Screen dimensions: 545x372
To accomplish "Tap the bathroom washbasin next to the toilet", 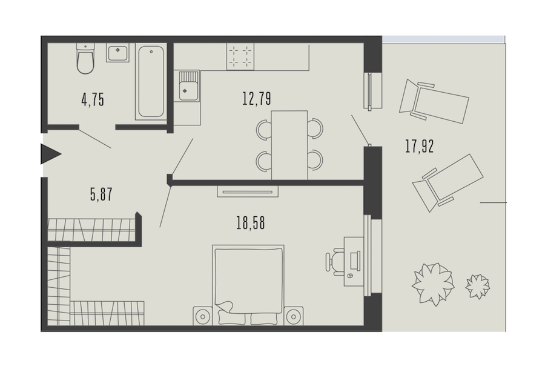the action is point(118,53).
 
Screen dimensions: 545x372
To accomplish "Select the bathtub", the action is point(151,82).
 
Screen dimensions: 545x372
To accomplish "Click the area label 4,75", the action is point(93,100).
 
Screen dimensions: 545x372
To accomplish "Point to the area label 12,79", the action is point(257,98).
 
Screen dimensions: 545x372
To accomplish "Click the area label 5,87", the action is point(101,194).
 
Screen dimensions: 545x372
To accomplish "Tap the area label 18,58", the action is point(251,222).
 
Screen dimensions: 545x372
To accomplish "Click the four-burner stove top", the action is point(240,56).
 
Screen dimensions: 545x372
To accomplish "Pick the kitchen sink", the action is point(189,86).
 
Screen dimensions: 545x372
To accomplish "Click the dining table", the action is point(289,145).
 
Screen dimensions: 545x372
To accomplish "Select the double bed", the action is point(248,285).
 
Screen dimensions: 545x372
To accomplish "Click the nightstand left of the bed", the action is point(203,316).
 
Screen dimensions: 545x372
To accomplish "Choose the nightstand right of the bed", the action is point(293,316).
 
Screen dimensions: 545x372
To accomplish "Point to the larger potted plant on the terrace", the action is point(433,284).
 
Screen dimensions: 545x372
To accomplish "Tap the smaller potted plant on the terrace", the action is point(478,286).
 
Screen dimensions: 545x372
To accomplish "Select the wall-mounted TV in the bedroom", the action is point(248,191).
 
